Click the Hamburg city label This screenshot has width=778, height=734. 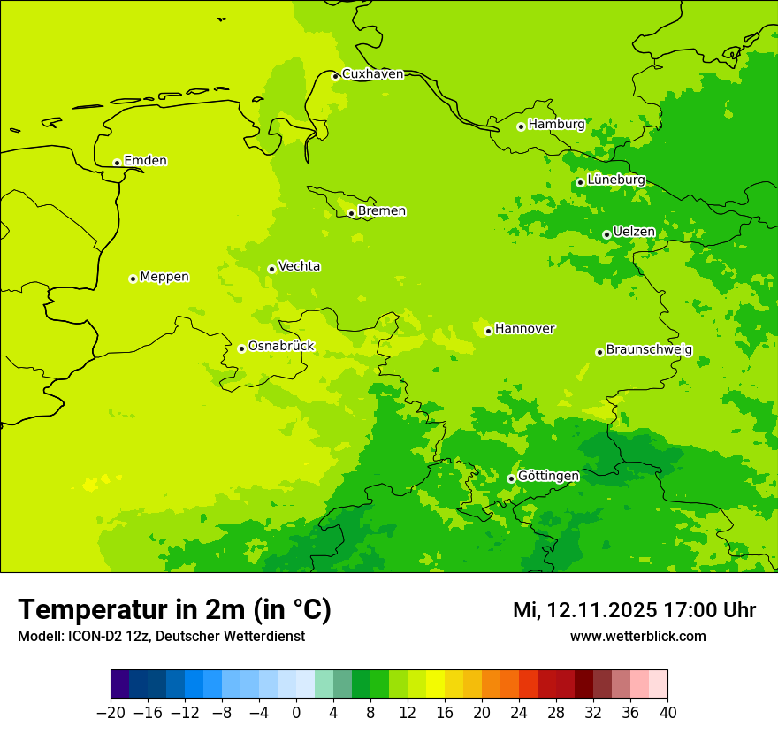tap(556, 125)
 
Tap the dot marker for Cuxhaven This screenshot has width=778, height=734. tap(335, 76)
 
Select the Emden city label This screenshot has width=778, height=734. tap(145, 161)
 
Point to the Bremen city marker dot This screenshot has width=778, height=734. tap(351, 213)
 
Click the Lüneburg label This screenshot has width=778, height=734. tap(615, 180)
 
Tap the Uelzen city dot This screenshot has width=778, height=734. tap(606, 234)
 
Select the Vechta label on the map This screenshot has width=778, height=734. tap(299, 266)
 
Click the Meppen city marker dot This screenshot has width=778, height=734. tap(133, 279)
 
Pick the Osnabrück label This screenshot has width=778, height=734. tap(281, 347)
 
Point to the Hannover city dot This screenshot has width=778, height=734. tap(488, 331)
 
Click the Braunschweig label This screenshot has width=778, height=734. tap(649, 349)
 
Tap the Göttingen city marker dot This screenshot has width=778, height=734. tap(511, 478)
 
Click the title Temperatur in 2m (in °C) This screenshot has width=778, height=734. tap(174, 610)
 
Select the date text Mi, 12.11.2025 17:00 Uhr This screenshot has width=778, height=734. tap(634, 610)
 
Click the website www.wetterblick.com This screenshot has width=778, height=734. tap(637, 637)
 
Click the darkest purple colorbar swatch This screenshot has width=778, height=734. tap(119, 684)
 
